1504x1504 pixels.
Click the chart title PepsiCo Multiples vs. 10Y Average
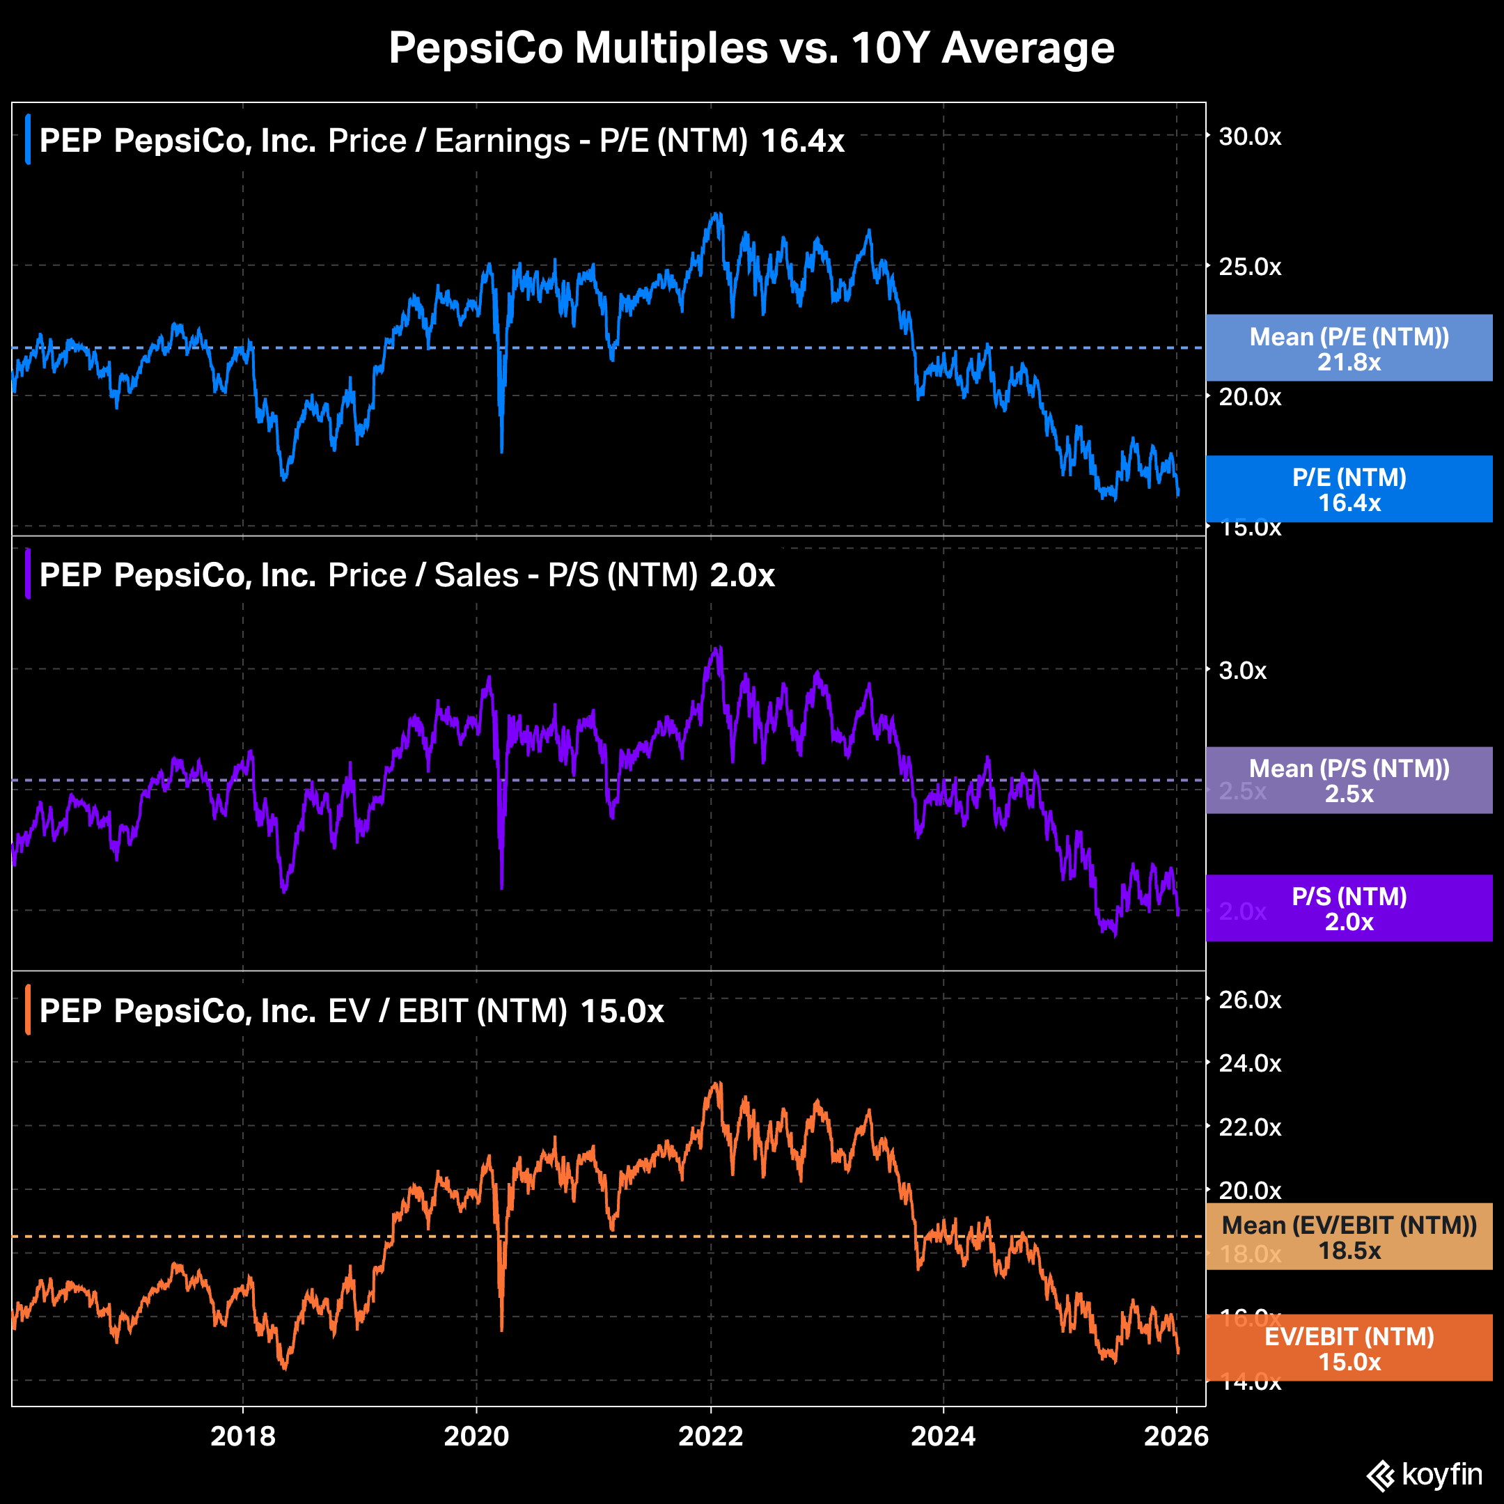click(751, 48)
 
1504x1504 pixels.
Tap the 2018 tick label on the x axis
click(243, 1436)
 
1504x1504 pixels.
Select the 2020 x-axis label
click(476, 1436)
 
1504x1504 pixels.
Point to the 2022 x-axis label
click(710, 1436)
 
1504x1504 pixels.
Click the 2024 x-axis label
click(943, 1436)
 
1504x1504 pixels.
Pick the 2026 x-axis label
click(1175, 1436)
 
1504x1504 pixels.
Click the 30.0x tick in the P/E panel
click(1249, 137)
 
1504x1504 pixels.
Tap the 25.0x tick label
click(1249, 267)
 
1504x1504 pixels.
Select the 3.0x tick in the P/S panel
click(1242, 671)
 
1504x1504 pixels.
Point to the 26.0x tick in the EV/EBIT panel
click(1249, 1000)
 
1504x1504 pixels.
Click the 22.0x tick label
click(1249, 1127)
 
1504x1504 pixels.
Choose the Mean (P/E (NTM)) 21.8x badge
click(1349, 348)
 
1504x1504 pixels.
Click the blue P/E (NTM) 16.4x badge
click(1349, 489)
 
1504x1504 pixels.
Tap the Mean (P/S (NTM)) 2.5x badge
click(1349, 780)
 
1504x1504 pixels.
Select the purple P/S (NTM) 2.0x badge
click(1349, 909)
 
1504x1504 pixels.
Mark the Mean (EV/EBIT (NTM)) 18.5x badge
click(1349, 1237)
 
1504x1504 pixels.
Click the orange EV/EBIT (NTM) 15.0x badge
click(1349, 1348)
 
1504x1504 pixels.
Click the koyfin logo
click(1425, 1475)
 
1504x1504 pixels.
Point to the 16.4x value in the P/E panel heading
click(802, 141)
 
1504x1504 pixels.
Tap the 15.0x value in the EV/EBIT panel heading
click(622, 1011)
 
